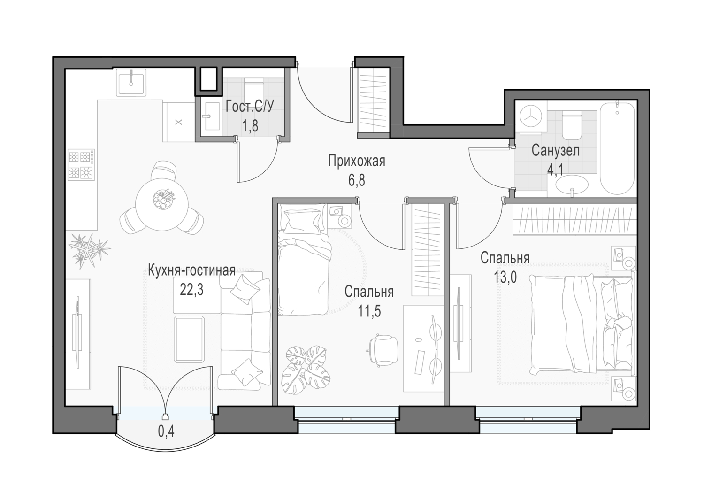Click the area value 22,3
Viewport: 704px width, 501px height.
(191, 290)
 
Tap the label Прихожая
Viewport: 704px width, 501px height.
(357, 161)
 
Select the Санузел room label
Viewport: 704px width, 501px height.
(555, 151)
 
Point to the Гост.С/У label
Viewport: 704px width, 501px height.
(250, 107)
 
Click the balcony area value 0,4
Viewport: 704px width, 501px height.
(166, 431)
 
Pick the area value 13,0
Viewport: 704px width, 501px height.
(505, 277)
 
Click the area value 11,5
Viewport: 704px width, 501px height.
(369, 311)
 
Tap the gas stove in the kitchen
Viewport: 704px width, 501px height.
(81, 165)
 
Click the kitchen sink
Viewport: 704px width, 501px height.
(131, 82)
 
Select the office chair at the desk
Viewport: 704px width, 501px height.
(382, 350)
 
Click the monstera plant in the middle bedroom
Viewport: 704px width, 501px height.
(305, 370)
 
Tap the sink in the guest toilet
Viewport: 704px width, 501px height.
(210, 116)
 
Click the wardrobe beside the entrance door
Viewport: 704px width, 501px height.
(373, 102)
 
